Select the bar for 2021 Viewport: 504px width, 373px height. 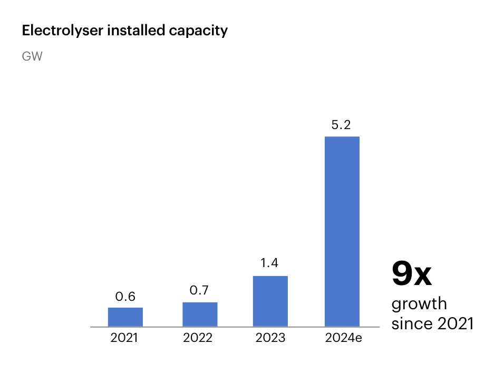(x=125, y=317)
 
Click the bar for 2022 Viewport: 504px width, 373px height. (x=200, y=314)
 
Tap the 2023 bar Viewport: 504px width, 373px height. (x=270, y=301)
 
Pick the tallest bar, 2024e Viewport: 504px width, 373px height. (x=342, y=231)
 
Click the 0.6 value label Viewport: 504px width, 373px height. (x=125, y=297)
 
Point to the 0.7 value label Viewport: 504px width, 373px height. (x=200, y=290)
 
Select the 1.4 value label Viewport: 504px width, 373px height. (x=269, y=263)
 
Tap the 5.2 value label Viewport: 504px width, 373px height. (x=341, y=125)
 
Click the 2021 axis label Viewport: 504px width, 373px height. (x=124, y=338)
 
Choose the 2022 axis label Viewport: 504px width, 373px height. (x=198, y=338)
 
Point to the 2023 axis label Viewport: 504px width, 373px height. (x=270, y=338)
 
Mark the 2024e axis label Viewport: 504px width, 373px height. (x=343, y=338)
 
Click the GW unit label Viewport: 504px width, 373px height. (x=32, y=57)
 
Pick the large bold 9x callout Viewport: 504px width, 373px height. (x=411, y=274)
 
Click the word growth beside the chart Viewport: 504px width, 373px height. (x=419, y=305)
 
